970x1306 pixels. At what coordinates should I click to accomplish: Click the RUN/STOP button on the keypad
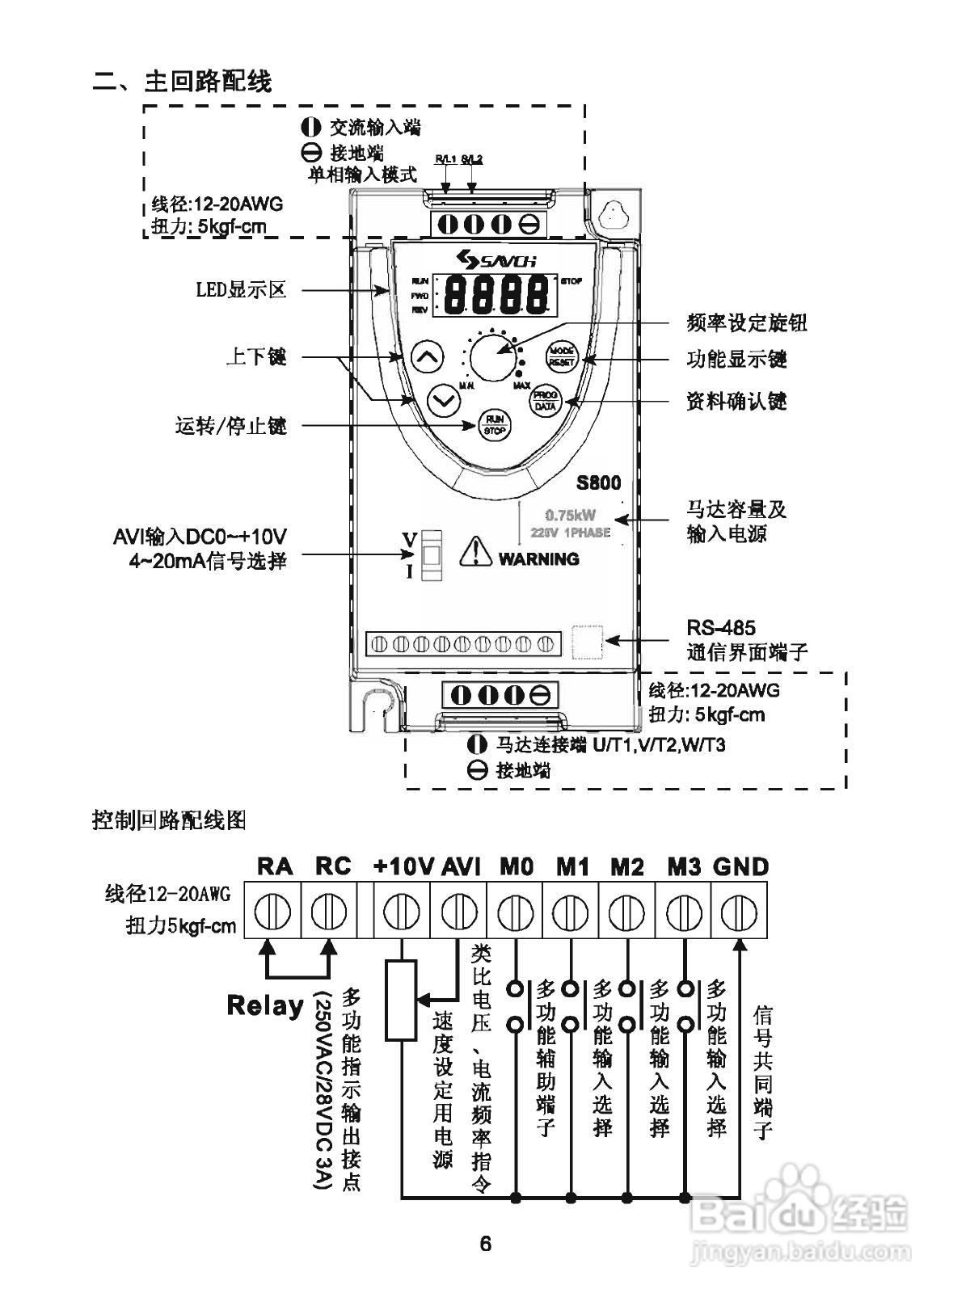(x=494, y=424)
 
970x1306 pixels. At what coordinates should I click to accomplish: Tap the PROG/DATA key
(x=544, y=401)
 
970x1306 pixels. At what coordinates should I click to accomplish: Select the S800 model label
(x=598, y=483)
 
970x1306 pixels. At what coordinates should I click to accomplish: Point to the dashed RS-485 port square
(x=588, y=642)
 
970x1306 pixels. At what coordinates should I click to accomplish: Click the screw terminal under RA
(x=272, y=912)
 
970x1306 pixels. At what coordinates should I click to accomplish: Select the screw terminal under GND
(x=739, y=912)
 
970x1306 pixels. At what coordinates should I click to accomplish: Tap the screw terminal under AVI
(x=458, y=912)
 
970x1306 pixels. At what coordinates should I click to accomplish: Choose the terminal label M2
(x=626, y=867)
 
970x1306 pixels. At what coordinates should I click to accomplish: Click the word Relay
(x=265, y=1005)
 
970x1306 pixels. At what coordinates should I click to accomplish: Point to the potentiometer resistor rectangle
(x=401, y=1000)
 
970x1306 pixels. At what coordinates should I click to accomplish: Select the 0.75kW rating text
(x=571, y=515)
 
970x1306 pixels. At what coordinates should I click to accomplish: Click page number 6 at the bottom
(x=485, y=1243)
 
